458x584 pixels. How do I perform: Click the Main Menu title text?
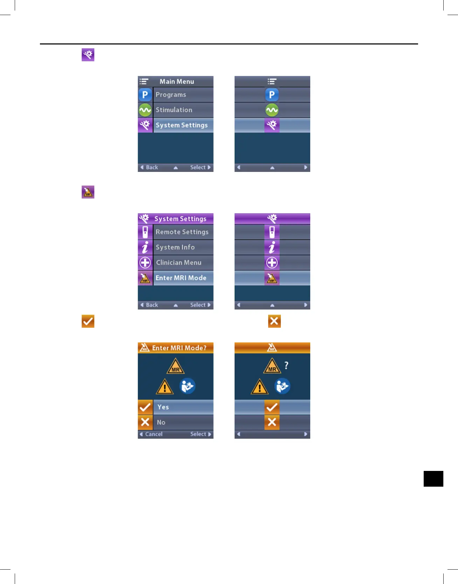click(x=176, y=82)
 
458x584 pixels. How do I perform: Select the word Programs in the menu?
click(x=171, y=95)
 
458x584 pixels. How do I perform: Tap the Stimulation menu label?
click(x=174, y=110)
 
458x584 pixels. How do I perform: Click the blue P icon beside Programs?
click(x=145, y=95)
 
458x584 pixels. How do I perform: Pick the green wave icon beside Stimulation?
click(x=145, y=110)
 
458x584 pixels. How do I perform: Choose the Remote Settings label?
click(x=182, y=232)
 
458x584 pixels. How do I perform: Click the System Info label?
click(x=175, y=247)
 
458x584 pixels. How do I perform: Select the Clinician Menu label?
click(x=179, y=263)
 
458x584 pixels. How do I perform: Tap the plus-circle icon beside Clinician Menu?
click(x=145, y=263)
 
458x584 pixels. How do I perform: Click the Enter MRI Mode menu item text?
click(x=181, y=278)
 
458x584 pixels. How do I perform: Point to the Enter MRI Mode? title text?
click(x=179, y=348)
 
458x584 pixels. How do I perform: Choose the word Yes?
click(x=163, y=407)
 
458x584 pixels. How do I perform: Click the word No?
click(x=161, y=423)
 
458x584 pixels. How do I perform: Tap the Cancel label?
click(x=154, y=434)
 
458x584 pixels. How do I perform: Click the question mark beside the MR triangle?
click(x=286, y=366)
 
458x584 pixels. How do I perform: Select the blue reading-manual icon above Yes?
click(x=187, y=386)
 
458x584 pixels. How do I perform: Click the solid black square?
click(x=433, y=479)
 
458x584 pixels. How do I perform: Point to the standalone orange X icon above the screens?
click(x=274, y=321)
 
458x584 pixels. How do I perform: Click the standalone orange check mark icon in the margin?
click(x=88, y=321)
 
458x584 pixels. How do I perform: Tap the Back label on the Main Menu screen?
click(x=152, y=168)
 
